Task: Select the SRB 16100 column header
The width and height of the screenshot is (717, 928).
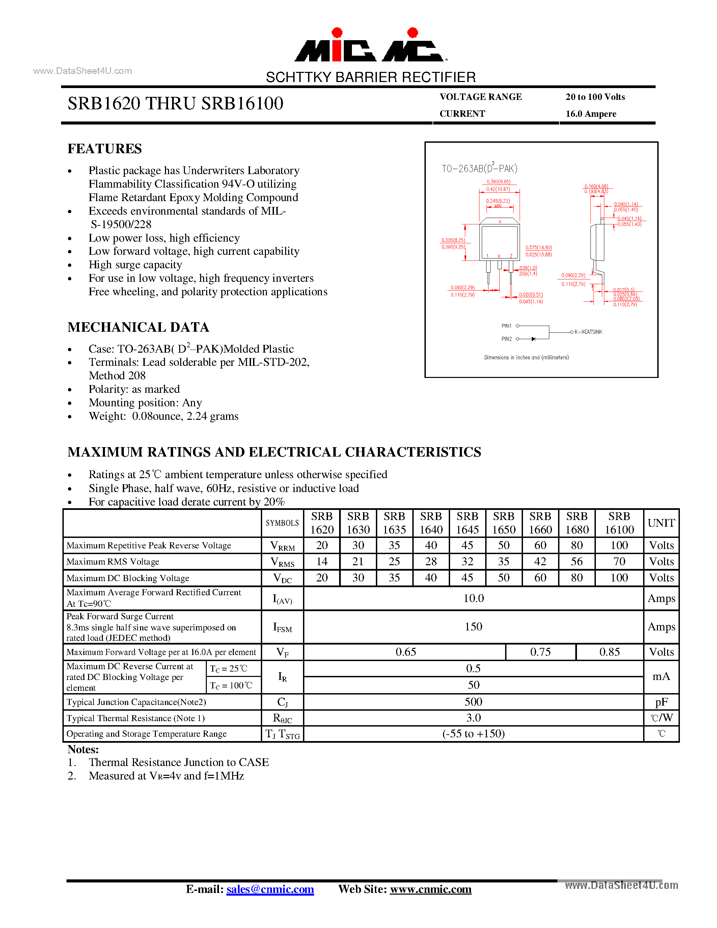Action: [x=619, y=523]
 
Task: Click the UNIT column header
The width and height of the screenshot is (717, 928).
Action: [x=661, y=523]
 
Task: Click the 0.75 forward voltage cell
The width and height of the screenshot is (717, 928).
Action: [x=540, y=652]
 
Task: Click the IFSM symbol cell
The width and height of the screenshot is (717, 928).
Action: [x=282, y=627]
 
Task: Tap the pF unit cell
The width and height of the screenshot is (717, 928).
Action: [x=661, y=702]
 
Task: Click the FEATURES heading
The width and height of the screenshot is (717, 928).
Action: [x=105, y=149]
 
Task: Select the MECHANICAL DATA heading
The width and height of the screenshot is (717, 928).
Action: [x=138, y=327]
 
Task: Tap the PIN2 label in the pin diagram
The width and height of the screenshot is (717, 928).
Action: [x=506, y=339]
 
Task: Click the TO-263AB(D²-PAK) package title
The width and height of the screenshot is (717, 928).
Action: [x=479, y=168]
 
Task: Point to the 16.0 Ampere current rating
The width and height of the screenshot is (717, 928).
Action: [x=590, y=114]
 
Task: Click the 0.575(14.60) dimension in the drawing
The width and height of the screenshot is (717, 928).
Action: [x=539, y=248]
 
